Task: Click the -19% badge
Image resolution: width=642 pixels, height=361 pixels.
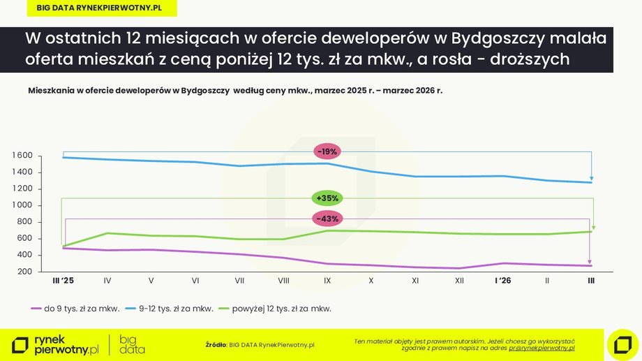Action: [x=327, y=152]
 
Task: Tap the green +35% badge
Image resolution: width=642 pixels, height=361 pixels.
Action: [x=327, y=198]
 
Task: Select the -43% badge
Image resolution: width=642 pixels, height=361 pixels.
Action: [x=327, y=219]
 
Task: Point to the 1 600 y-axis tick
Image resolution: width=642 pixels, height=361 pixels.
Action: [x=22, y=155]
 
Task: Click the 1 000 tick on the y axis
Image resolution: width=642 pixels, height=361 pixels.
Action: [x=22, y=205]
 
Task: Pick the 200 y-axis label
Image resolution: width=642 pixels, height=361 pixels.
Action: [x=27, y=272]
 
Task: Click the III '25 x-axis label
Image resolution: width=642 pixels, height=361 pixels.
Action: [x=64, y=281]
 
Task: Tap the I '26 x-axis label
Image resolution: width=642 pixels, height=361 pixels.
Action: [x=502, y=281]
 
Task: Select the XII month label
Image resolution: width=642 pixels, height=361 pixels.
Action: [x=459, y=281]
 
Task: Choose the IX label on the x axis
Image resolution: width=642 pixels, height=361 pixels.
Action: [x=327, y=281]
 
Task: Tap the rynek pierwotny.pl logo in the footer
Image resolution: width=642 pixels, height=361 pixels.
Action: [x=56, y=344]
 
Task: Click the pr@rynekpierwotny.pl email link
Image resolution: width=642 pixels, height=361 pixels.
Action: [x=542, y=348]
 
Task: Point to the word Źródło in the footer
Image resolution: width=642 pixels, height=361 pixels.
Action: [x=216, y=344]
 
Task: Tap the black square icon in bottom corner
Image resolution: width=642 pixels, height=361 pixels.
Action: [x=622, y=344]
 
